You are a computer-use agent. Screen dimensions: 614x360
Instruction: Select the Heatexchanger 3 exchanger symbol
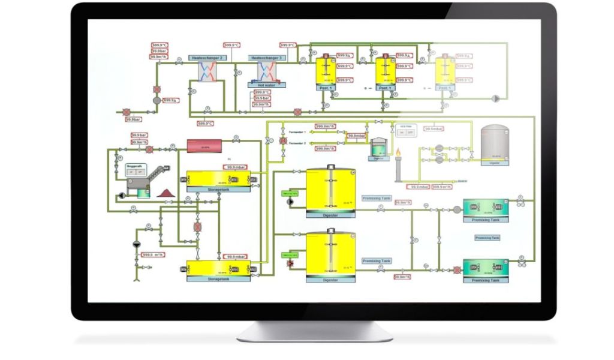pyautogui.click(x=266, y=73)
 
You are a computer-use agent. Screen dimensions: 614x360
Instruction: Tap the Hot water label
pyautogui.click(x=266, y=86)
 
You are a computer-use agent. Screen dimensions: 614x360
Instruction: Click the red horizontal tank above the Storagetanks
pyautogui.click(x=205, y=146)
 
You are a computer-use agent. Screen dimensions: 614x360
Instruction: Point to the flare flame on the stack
pyautogui.click(x=398, y=156)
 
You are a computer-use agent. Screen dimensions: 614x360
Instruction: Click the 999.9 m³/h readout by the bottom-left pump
pyautogui.click(x=153, y=255)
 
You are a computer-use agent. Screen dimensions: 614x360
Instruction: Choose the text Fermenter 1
pyautogui.click(x=297, y=131)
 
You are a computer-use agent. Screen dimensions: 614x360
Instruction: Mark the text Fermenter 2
pyautogui.click(x=297, y=143)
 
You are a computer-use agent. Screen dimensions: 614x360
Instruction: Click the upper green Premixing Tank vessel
pyautogui.click(x=486, y=208)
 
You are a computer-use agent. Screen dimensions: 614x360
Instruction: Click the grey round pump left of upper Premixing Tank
pyautogui.click(x=457, y=209)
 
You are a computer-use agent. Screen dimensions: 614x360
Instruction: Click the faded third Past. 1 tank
pyautogui.click(x=444, y=72)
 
